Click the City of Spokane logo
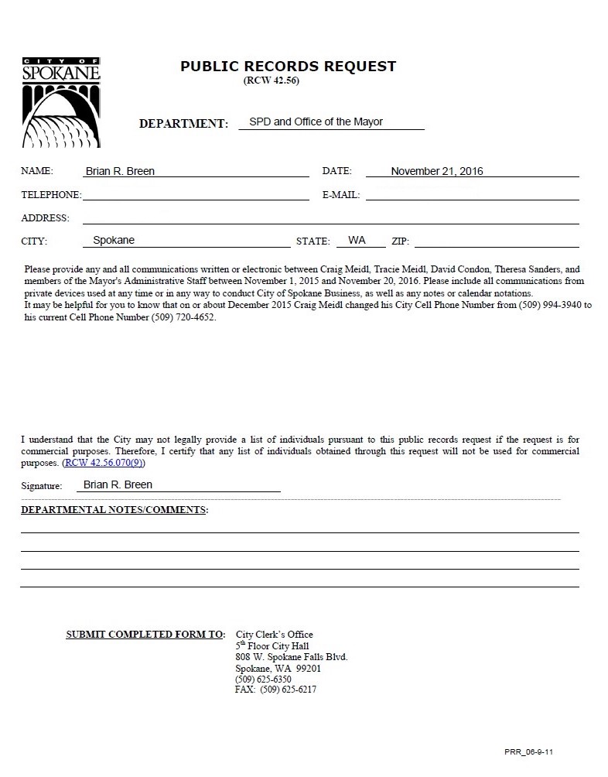pyautogui.click(x=60, y=101)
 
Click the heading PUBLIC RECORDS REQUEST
pyautogui.click(x=288, y=67)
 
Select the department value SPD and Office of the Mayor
pyautogui.click(x=316, y=122)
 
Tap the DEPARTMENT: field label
pyautogui.click(x=183, y=124)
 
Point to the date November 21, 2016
pyautogui.click(x=436, y=172)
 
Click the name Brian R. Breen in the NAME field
pyautogui.click(x=125, y=172)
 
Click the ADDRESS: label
pyautogui.click(x=45, y=218)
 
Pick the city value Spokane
pyautogui.click(x=114, y=241)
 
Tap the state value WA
pyautogui.click(x=357, y=241)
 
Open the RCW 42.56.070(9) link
pyautogui.click(x=104, y=463)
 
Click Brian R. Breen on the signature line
pyautogui.click(x=118, y=485)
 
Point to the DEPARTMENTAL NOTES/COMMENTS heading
pyautogui.click(x=114, y=510)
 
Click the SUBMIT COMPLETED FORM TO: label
pyautogui.click(x=145, y=635)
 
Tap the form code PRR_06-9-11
pyautogui.click(x=529, y=751)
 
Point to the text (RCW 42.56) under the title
pyautogui.click(x=271, y=80)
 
